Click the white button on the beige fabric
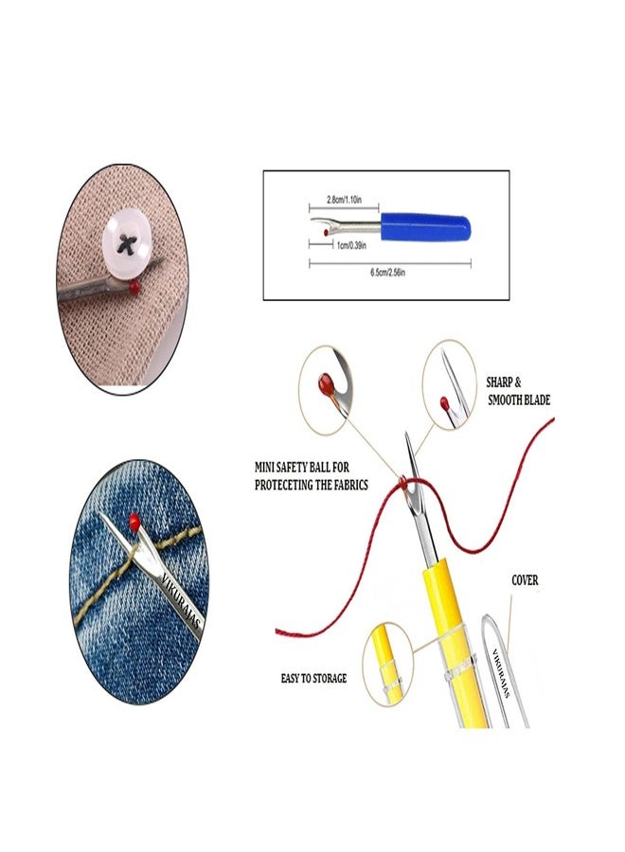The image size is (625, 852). pyautogui.click(x=129, y=243)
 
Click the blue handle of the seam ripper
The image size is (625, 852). pyautogui.click(x=425, y=227)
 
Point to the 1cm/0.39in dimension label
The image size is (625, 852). pyautogui.click(x=351, y=245)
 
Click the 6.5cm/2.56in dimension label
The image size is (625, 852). pyautogui.click(x=388, y=273)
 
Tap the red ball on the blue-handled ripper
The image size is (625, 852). pyautogui.click(x=326, y=233)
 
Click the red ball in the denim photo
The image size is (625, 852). pyautogui.click(x=134, y=522)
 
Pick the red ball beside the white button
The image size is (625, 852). pyautogui.click(x=135, y=285)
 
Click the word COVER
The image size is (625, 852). pyautogui.click(x=525, y=581)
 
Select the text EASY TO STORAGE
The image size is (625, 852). pyautogui.click(x=313, y=678)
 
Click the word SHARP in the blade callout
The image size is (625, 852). pyautogui.click(x=499, y=382)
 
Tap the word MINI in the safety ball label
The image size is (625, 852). pyautogui.click(x=264, y=467)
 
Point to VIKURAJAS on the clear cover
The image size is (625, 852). pyautogui.click(x=502, y=673)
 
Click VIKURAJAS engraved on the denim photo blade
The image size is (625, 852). pyautogui.click(x=180, y=597)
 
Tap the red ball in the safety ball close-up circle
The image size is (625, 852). pyautogui.click(x=325, y=383)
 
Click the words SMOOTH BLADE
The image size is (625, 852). pyautogui.click(x=519, y=400)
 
